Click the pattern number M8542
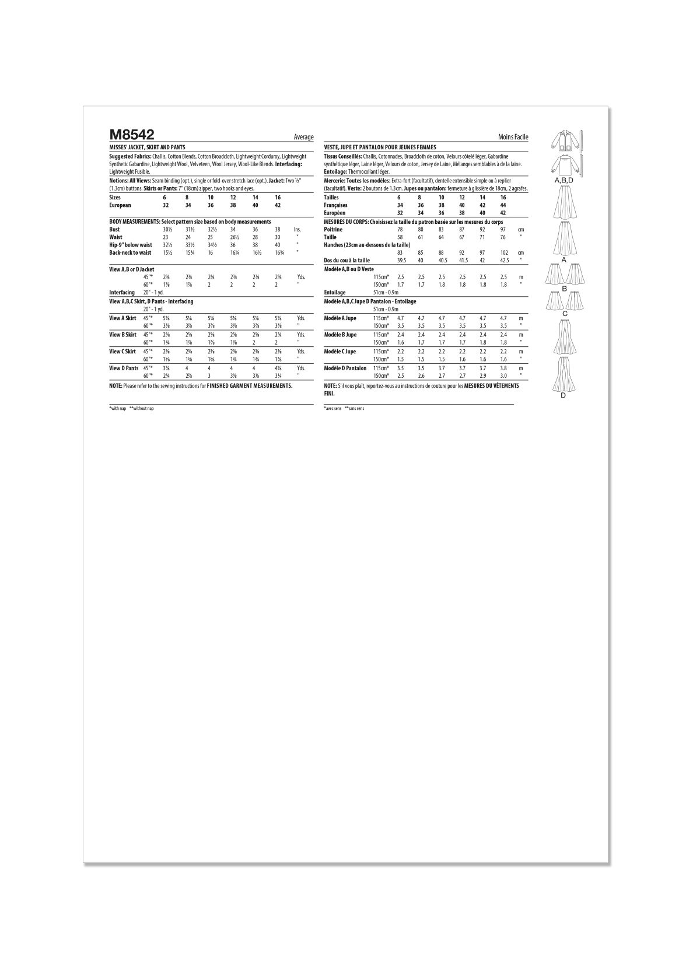point(131,135)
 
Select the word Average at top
point(303,137)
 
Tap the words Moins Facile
point(513,137)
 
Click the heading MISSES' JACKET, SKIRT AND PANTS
point(147,148)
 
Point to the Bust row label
point(114,230)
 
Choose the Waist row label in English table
point(116,237)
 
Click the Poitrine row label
point(333,230)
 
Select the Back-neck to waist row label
point(130,253)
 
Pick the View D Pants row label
point(124,368)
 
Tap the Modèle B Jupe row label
point(340,335)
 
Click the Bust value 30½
point(168,230)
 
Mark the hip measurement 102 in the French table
point(503,253)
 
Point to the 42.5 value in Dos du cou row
point(503,261)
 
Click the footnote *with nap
point(118,409)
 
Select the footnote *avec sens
point(332,409)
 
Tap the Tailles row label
point(331,198)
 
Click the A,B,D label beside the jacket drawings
point(563,181)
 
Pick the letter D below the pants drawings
point(563,396)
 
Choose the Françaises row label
point(335,205)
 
